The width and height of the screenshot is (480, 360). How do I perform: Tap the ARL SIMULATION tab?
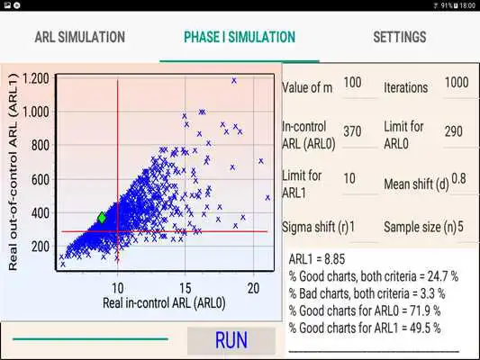point(79,38)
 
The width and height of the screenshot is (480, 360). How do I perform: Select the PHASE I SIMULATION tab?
point(239,38)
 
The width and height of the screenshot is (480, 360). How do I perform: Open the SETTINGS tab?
point(399,38)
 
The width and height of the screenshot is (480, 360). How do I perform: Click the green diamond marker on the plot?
point(102,218)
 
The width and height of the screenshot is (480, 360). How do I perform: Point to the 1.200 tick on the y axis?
point(37,78)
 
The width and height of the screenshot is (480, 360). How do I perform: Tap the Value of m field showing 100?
point(353,83)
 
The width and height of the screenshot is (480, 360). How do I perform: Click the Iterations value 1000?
point(457,83)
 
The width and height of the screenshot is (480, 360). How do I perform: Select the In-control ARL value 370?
point(353,131)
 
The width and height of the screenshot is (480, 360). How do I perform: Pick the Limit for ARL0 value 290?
point(455,131)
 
